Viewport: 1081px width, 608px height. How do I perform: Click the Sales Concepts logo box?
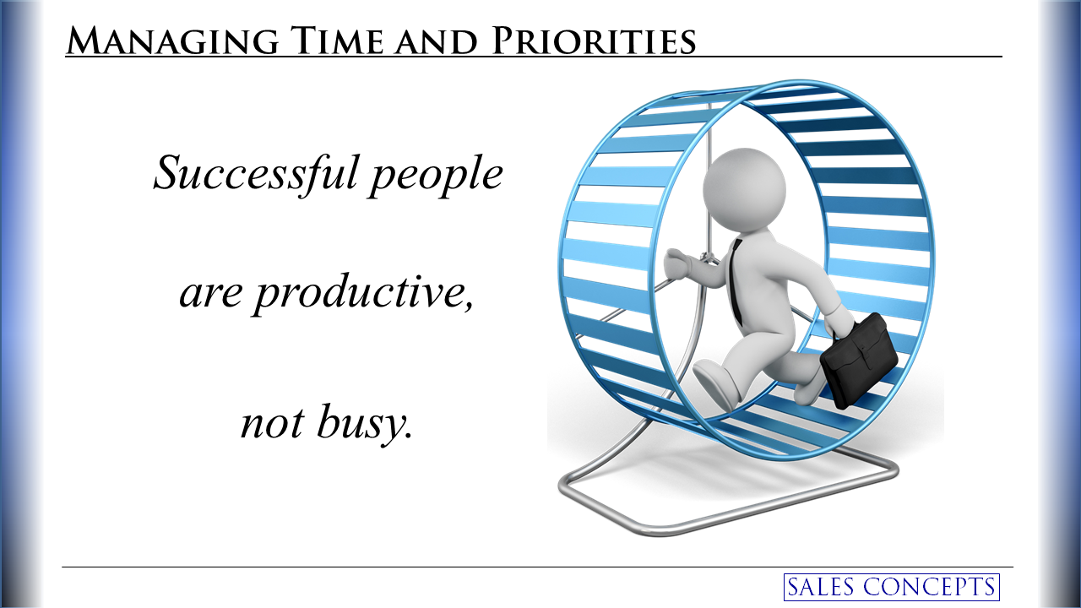pyautogui.click(x=891, y=587)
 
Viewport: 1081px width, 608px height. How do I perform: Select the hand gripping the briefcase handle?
pyautogui.click(x=838, y=320)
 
